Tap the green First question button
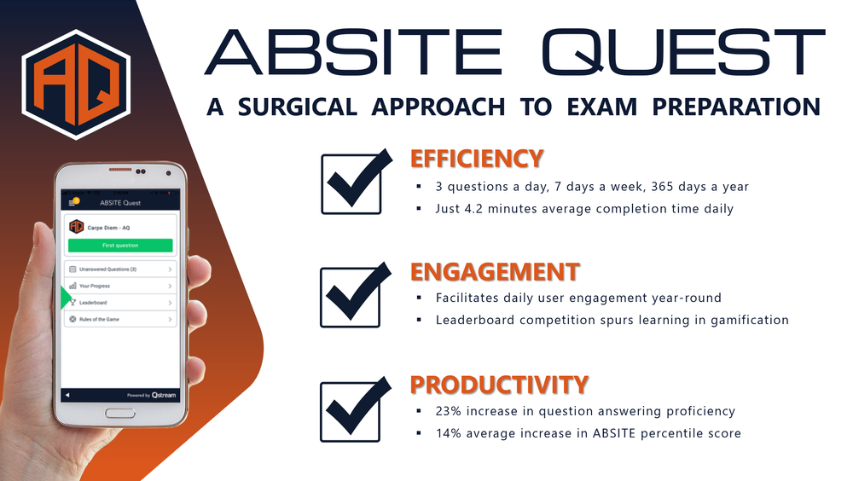[120, 246]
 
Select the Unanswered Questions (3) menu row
[120, 269]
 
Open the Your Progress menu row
[120, 286]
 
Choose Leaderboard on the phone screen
[120, 303]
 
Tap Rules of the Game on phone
[120, 320]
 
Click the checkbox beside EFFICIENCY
[351, 183]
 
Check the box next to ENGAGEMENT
[351, 296]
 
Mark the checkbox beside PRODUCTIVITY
[351, 410]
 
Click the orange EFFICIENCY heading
[476, 159]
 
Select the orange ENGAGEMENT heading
[495, 272]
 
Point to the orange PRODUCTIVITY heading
[499, 385]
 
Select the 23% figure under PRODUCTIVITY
[449, 411]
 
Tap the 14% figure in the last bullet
[449, 433]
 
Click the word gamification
[748, 320]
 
